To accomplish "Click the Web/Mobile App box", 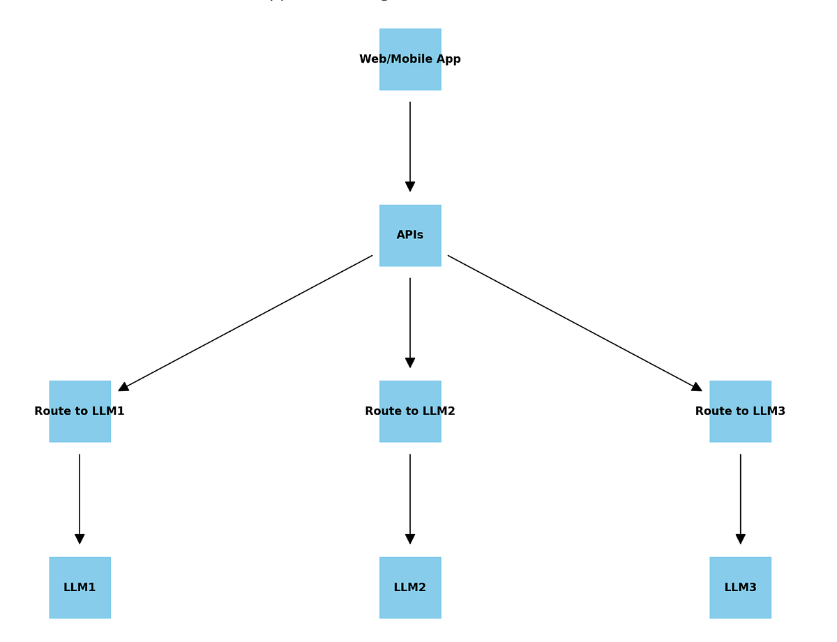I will click(x=410, y=59).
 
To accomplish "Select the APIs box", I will click(x=410, y=236).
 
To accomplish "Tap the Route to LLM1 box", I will click(x=80, y=411).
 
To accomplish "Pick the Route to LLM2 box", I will click(x=410, y=411).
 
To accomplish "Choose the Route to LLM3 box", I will click(x=740, y=411).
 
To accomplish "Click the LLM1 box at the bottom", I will click(x=80, y=588).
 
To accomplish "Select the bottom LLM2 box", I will click(x=410, y=588).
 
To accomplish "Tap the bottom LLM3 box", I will click(x=740, y=588).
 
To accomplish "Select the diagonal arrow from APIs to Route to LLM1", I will click(x=246, y=323).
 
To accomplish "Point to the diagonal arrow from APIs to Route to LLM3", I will click(x=575, y=323).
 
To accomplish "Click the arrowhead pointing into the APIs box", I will click(x=410, y=186).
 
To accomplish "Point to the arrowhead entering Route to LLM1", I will click(x=123, y=387).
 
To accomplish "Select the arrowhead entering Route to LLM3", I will click(x=696, y=387).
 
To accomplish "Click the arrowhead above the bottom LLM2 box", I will click(x=410, y=539).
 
